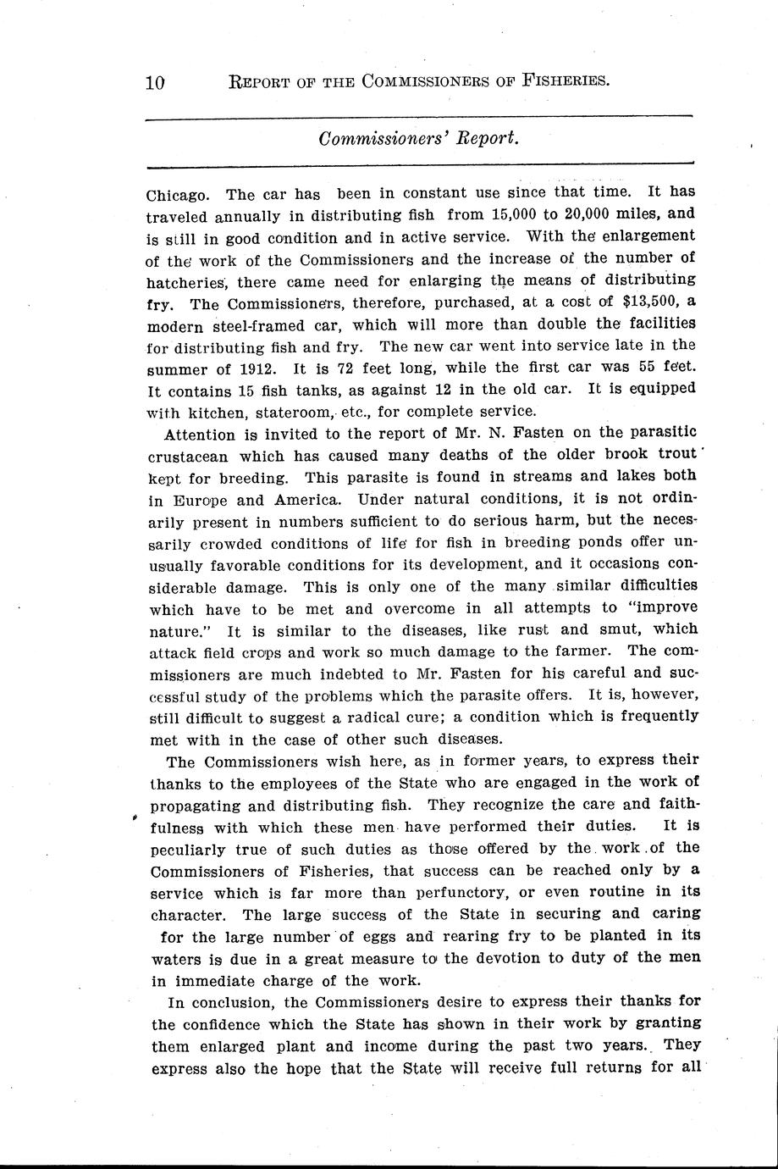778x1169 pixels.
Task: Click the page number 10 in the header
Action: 155,82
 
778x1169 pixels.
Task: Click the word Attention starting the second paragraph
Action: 201,435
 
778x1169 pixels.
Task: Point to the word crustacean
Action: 193,457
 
